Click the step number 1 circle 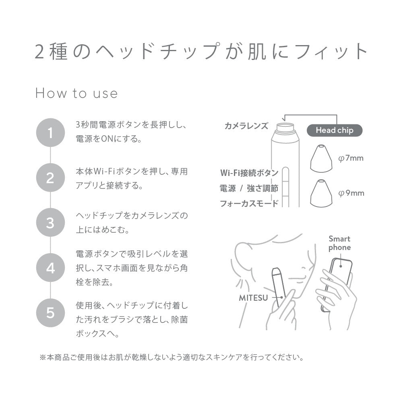tap(50, 132)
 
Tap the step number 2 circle tap(50, 178)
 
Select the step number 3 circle tap(50, 223)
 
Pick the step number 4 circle tap(50, 268)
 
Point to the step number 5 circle tap(50, 312)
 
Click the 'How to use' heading tap(76, 93)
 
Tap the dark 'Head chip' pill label tap(334, 130)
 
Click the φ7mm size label tap(351, 158)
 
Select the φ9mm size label tap(351, 193)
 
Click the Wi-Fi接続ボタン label tap(249, 173)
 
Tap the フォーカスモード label tap(249, 203)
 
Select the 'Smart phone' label tap(339, 243)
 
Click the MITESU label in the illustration tap(254, 298)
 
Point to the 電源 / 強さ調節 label tap(249, 188)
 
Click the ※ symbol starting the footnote tap(43, 357)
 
